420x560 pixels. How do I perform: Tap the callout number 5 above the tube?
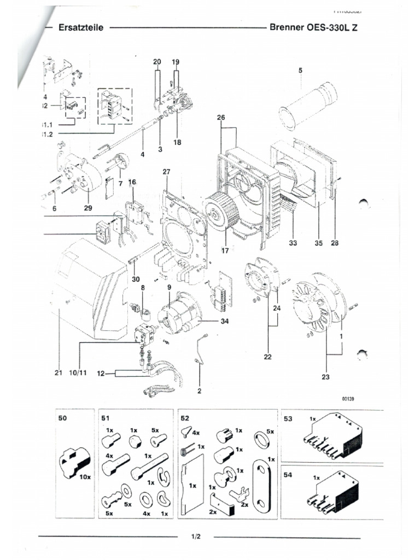[x=300, y=70]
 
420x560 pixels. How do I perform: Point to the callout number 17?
[x=225, y=251]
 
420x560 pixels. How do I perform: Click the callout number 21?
[x=59, y=374]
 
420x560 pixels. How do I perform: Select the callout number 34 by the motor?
[x=224, y=322]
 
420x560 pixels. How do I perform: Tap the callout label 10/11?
[x=78, y=374]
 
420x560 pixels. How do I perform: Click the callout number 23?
[x=326, y=377]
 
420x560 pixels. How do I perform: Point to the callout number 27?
[x=167, y=172]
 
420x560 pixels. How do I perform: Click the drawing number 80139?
[x=348, y=399]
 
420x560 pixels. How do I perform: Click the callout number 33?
[x=293, y=243]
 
